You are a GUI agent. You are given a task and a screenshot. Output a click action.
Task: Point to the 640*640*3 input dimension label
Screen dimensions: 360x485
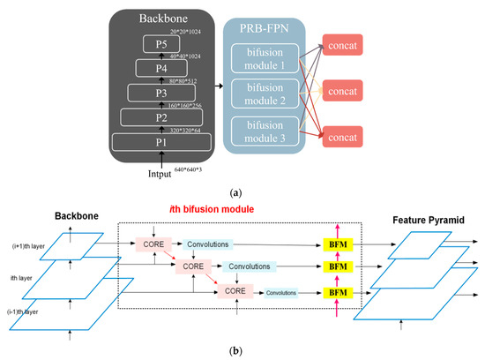pyautogui.click(x=185, y=166)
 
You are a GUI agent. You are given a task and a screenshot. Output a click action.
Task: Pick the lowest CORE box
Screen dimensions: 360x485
pyautogui.click(x=234, y=289)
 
